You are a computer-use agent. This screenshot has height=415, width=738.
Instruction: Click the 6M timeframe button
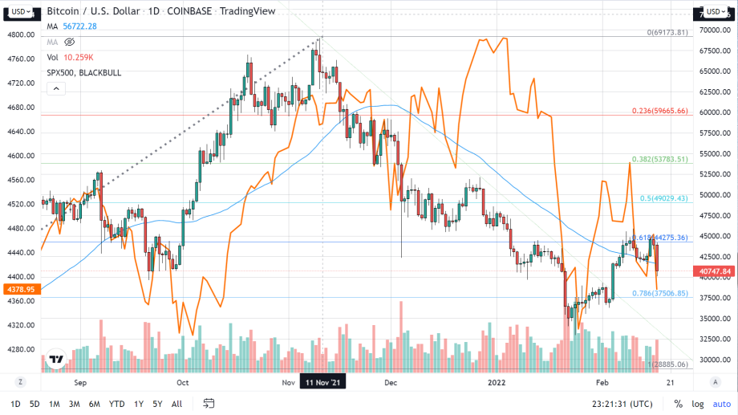[x=95, y=404]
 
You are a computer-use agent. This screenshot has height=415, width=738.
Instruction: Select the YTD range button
[x=116, y=404]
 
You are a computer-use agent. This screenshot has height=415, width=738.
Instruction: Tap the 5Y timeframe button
[x=157, y=404]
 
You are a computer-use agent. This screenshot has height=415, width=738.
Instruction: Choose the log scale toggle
[x=699, y=404]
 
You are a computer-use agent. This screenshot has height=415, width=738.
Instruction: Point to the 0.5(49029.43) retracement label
[x=664, y=198]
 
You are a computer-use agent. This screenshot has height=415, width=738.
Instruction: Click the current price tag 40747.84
[x=716, y=272]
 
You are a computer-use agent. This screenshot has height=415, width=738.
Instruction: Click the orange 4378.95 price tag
[x=18, y=289]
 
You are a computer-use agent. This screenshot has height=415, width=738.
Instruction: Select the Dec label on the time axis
[x=391, y=383]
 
